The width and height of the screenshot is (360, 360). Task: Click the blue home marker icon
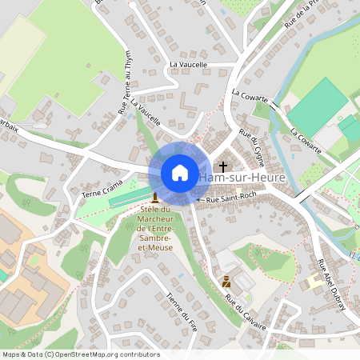[179, 173]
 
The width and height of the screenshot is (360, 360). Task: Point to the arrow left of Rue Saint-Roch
[199, 198]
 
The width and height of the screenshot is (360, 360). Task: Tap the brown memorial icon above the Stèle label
[154, 197]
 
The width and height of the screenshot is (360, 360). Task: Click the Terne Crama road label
[102, 190]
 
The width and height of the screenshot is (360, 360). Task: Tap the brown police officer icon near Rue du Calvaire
[226, 281]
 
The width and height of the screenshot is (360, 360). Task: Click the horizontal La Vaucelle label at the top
[188, 65]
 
